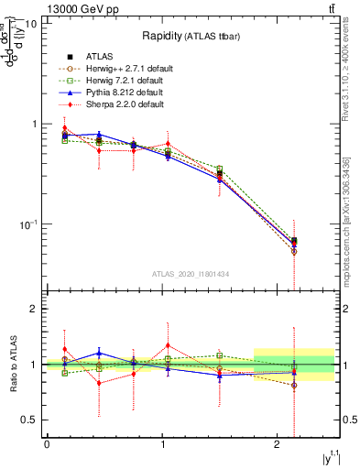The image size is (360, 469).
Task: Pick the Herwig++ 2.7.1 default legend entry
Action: pyautogui.click(x=125, y=69)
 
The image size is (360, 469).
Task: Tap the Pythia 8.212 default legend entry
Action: pyautogui.click(x=121, y=93)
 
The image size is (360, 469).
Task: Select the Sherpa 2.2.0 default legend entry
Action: pyautogui.click(x=121, y=104)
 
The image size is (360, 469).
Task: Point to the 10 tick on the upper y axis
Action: pyautogui.click(x=30, y=23)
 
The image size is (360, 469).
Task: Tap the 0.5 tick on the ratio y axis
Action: pyautogui.click(x=28, y=420)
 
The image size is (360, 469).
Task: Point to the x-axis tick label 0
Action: pyautogui.click(x=47, y=444)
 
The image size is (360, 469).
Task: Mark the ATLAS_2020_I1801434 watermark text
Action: pyautogui.click(x=191, y=274)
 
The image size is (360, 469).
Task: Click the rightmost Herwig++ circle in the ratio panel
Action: pyautogui.click(x=293, y=386)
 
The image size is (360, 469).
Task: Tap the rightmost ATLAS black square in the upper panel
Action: pyautogui.click(x=293, y=241)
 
